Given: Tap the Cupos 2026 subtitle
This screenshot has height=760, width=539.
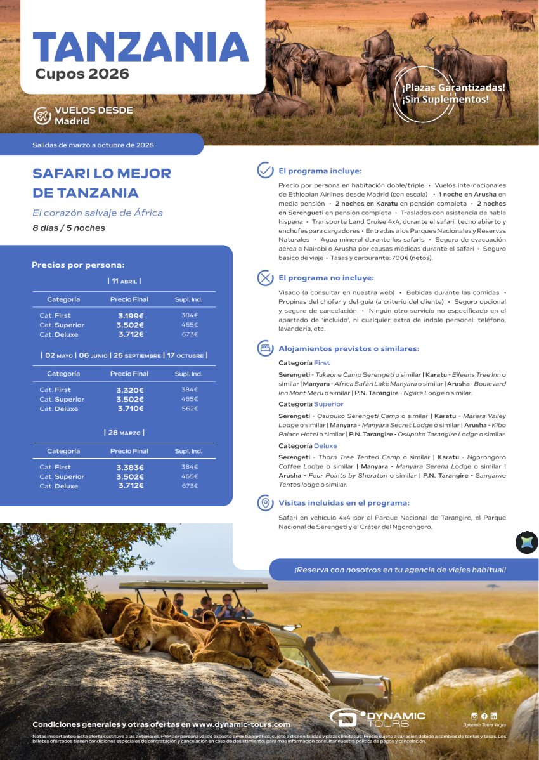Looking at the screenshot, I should click(82, 74).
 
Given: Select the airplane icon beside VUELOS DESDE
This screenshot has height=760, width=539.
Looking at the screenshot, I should click(42, 115).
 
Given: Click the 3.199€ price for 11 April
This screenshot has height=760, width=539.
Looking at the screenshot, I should click(129, 315).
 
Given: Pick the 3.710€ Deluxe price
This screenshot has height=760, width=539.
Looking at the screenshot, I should click(129, 409).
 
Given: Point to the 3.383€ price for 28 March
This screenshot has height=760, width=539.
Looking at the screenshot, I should click(129, 468).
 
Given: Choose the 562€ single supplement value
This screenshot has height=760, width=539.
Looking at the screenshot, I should click(190, 409).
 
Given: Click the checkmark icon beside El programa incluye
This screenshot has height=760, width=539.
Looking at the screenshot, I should click(265, 171).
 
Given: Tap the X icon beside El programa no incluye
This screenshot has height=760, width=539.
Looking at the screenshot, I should click(265, 278).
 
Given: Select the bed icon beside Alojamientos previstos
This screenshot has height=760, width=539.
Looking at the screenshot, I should click(265, 348).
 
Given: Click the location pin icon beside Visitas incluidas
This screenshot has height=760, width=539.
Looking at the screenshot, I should click(265, 503).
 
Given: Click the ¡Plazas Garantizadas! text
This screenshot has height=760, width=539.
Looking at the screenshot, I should click(453, 88).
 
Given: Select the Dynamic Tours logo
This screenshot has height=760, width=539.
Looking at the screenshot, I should click(377, 718).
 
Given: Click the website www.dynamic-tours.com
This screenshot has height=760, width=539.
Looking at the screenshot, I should click(241, 724).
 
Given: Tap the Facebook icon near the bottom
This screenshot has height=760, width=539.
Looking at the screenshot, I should click(484, 716).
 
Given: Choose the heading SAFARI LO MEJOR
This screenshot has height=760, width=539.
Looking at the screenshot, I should click(101, 173).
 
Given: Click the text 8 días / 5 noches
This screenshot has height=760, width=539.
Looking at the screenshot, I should click(68, 228).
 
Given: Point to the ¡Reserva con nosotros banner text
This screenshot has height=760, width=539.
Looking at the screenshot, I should click(399, 570).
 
